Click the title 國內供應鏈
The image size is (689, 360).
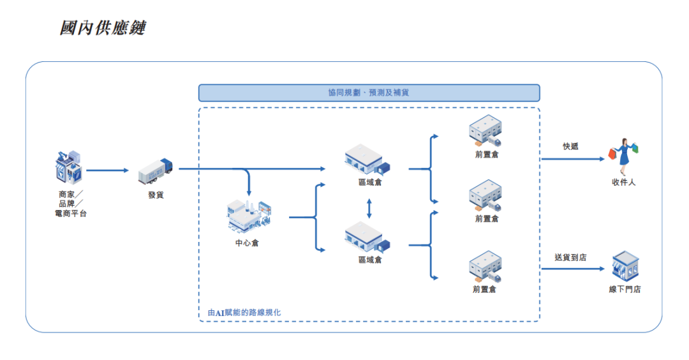(x=102, y=28)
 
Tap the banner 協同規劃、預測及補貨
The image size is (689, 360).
(x=369, y=93)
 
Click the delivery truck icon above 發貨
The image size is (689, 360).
(x=156, y=170)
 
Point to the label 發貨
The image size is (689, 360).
(x=156, y=195)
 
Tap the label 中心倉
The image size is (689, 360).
(x=247, y=243)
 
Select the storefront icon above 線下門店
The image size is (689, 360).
(x=625, y=267)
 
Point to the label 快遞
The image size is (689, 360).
(x=570, y=146)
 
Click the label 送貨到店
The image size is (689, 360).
(x=570, y=257)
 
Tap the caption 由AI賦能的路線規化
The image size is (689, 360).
(x=244, y=313)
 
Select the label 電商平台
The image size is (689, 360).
(x=71, y=213)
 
